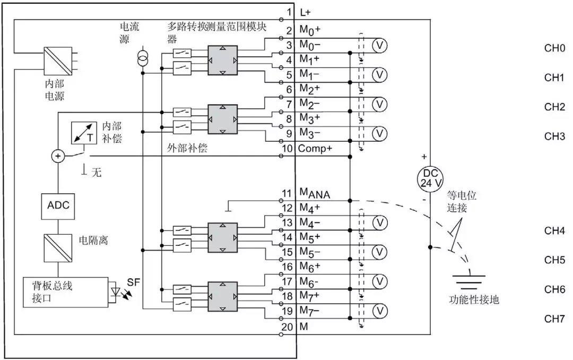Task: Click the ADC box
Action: click(58, 205)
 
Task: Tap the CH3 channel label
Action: click(554, 136)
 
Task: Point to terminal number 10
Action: click(286, 147)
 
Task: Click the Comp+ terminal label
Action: click(316, 148)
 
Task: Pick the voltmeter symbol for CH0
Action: click(378, 45)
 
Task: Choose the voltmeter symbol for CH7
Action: click(378, 310)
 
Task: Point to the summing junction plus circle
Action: click(58, 156)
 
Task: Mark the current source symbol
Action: click(142, 58)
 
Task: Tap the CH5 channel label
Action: click(554, 260)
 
